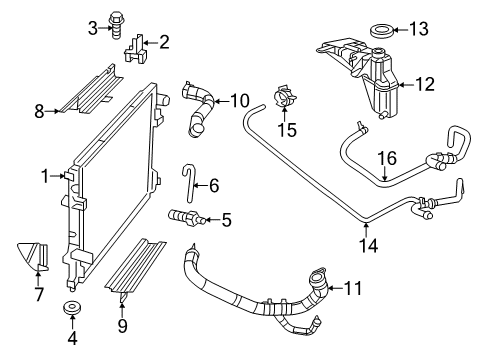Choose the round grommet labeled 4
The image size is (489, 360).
[71, 306]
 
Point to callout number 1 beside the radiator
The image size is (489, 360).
[45, 177]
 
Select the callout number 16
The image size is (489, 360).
[385, 156]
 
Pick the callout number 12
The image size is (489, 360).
[425, 85]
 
